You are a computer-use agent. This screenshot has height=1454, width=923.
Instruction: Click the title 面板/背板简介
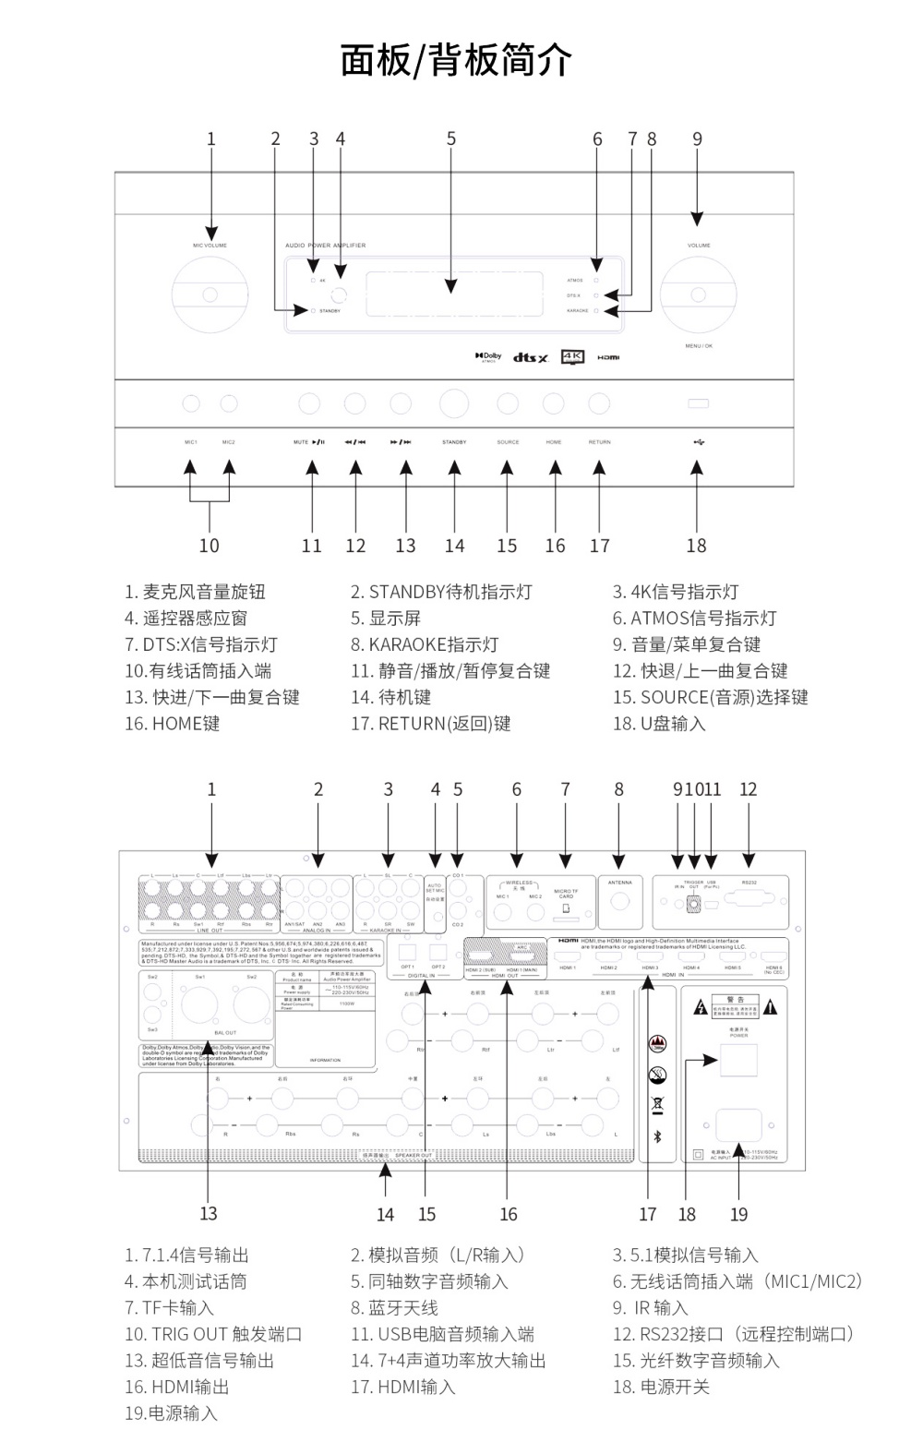tap(456, 61)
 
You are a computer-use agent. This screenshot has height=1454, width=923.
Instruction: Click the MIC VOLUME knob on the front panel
tap(210, 294)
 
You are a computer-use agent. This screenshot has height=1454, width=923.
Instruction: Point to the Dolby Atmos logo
tap(488, 356)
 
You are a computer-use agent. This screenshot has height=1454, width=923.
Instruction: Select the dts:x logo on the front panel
tap(531, 357)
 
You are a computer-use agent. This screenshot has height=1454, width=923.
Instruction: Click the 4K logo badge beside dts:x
tap(573, 356)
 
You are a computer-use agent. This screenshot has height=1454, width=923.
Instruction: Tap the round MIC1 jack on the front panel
tap(191, 403)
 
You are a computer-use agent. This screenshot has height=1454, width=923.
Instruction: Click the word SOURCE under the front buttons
tap(508, 442)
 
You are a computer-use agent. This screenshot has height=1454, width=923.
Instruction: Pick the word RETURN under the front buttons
tap(600, 442)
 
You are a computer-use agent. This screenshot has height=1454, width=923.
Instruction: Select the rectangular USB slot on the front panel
tap(698, 403)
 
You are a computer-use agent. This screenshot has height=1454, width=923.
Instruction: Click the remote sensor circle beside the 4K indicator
tap(341, 295)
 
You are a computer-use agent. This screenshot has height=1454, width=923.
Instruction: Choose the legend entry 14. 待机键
tap(390, 697)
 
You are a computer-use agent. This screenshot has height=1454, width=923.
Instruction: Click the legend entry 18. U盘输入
tap(659, 724)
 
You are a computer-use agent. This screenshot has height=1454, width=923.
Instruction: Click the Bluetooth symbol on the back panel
tap(658, 1136)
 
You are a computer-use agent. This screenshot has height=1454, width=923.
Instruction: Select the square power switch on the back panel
tap(738, 1061)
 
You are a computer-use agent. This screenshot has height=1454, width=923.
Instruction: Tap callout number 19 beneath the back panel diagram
tap(738, 1214)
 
